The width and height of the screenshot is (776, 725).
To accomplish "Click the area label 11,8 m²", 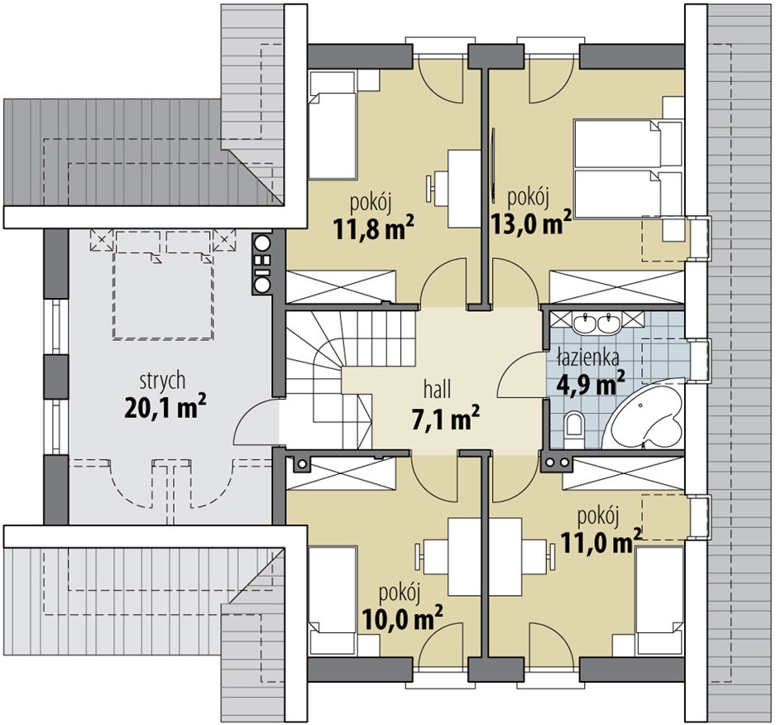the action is [x=374, y=228].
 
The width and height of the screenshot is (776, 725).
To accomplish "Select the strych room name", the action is [x=162, y=382].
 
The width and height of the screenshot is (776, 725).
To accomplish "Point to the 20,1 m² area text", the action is [x=165, y=407].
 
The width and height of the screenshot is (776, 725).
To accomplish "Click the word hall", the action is [x=437, y=390].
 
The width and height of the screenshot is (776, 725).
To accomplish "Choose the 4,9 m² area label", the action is [x=591, y=383].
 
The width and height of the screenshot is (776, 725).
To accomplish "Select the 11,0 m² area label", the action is [x=601, y=541].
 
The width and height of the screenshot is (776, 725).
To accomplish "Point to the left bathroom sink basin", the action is [x=586, y=323].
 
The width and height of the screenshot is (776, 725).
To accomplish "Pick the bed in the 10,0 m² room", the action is [x=332, y=601].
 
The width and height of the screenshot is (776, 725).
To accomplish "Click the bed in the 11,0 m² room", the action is [x=659, y=600].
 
